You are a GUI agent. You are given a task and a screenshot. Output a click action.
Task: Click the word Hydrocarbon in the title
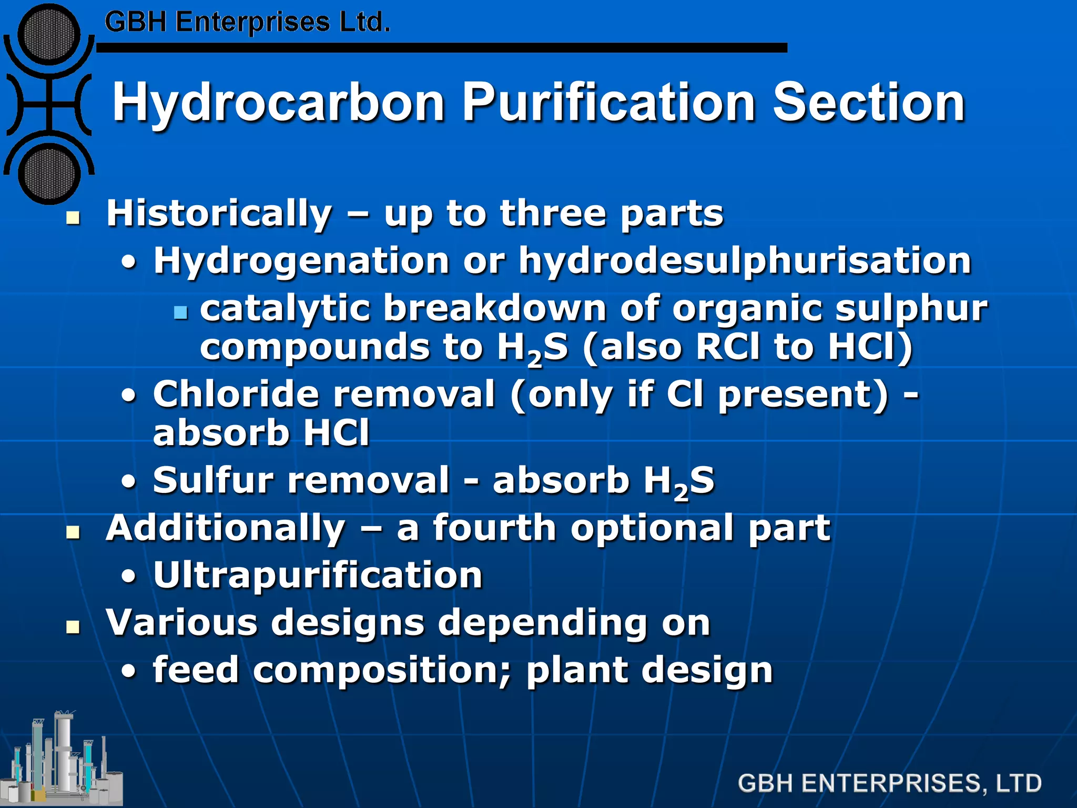click(x=278, y=104)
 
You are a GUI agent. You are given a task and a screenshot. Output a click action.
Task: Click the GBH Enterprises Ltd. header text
click(x=247, y=23)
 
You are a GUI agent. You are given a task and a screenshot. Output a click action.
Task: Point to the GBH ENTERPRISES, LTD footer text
click(x=889, y=783)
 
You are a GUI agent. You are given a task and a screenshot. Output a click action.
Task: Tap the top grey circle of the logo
click(x=48, y=35)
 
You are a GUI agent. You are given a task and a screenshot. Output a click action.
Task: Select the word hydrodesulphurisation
click(x=745, y=261)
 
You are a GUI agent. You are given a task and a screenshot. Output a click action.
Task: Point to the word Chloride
click(x=236, y=394)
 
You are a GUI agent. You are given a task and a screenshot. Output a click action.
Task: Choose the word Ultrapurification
click(x=318, y=575)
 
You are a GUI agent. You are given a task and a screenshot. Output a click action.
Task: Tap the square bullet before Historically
click(x=73, y=218)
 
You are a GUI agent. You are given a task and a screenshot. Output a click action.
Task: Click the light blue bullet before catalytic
click(x=180, y=312)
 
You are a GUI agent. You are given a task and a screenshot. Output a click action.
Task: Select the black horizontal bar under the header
click(x=441, y=48)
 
